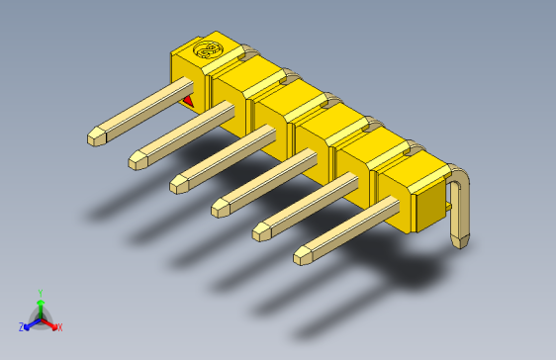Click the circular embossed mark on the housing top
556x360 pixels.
(x=210, y=49)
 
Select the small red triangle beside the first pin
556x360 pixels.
(x=189, y=100)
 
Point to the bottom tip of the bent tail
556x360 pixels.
(x=461, y=242)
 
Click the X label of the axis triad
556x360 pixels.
(x=59, y=326)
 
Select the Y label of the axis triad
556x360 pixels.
(x=40, y=293)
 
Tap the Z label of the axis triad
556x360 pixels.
(x=21, y=326)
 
